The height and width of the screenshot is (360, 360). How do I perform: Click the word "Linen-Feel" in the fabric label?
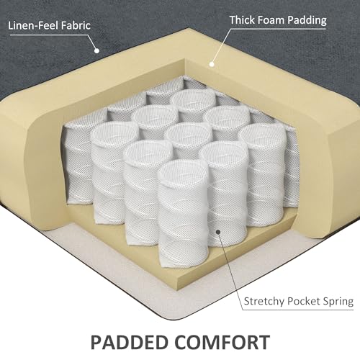tap(33, 25)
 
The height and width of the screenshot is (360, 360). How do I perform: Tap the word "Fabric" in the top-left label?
tap(76, 25)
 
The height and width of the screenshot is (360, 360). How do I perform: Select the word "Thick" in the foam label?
tap(242, 20)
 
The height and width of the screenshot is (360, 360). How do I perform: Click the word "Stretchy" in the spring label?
tap(264, 301)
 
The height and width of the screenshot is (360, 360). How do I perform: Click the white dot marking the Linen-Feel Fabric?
tap(96, 50)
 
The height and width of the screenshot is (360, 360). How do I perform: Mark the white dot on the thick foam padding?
tap(212, 64)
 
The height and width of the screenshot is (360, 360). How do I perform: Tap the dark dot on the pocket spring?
tap(218, 232)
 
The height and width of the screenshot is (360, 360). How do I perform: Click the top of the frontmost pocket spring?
tap(183, 170)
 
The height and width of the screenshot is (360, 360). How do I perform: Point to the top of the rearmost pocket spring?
tap(194, 99)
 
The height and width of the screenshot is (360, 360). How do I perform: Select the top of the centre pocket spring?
tap(189, 132)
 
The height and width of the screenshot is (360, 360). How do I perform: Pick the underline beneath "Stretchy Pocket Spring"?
tap(298, 310)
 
